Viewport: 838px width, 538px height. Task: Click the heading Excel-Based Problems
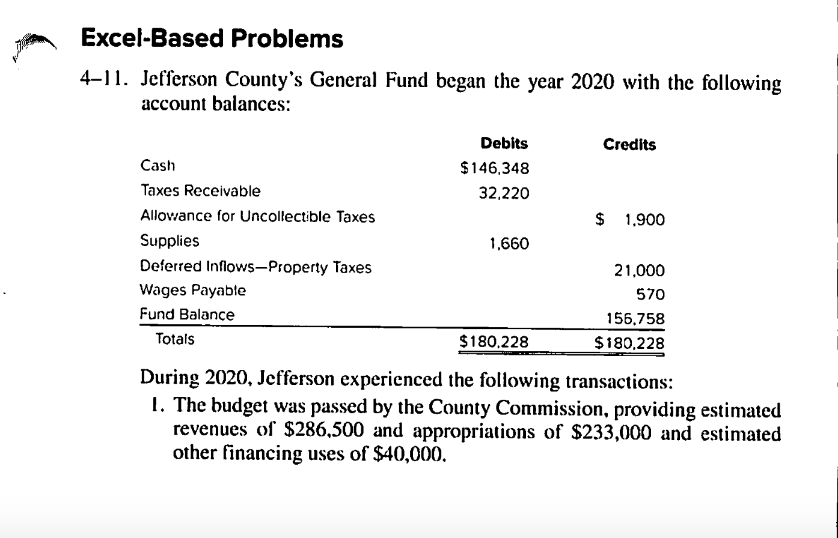212,39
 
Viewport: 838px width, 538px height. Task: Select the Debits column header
504,144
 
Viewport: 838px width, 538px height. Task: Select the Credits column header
629,145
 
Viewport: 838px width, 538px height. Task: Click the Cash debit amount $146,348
494,169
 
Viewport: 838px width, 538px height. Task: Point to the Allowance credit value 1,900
644,220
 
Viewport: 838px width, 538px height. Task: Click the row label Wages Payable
193,291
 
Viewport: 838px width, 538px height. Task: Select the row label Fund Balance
187,315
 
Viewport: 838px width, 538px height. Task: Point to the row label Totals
175,339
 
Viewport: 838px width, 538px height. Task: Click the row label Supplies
170,241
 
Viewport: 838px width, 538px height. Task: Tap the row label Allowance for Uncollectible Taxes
257,217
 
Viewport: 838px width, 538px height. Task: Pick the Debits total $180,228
494,342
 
